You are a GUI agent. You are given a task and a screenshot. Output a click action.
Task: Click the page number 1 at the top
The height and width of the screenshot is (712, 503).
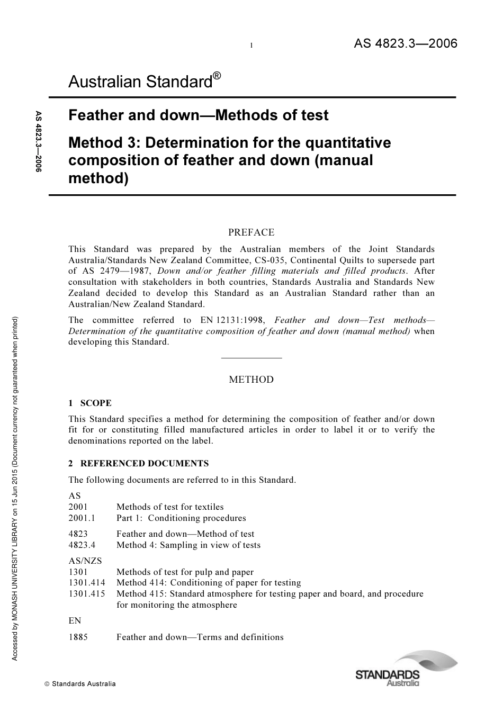[251, 46]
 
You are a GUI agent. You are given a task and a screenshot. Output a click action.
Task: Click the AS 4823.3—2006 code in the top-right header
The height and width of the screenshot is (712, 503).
[405, 43]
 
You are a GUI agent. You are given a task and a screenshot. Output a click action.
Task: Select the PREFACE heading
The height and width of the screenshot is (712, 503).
[251, 232]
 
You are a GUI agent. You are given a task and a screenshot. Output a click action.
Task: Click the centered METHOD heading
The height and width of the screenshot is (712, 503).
[251, 380]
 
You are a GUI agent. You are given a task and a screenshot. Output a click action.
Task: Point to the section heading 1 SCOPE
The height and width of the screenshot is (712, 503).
[90, 403]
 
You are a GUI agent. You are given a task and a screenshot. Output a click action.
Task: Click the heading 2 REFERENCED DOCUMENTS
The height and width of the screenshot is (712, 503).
[139, 463]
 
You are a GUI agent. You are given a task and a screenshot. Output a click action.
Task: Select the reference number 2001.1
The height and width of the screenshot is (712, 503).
[82, 518]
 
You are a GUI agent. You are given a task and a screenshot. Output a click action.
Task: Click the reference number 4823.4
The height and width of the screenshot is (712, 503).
[82, 545]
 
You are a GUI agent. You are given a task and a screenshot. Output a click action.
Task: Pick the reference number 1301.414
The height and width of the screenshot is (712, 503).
[87, 582]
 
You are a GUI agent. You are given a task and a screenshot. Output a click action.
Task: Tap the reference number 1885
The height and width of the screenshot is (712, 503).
[78, 637]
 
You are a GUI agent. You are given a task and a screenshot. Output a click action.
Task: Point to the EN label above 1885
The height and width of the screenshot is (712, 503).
[75, 620]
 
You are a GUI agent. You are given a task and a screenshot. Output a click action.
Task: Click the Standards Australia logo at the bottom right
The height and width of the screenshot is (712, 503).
[405, 670]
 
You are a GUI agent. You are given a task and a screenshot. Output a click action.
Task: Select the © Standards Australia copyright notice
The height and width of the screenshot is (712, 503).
[79, 683]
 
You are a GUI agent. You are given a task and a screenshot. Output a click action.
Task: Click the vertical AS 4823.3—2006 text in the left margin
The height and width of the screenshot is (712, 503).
[38, 141]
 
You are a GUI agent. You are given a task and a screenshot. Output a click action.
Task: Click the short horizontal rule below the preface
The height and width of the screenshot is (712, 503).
[251, 358]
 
